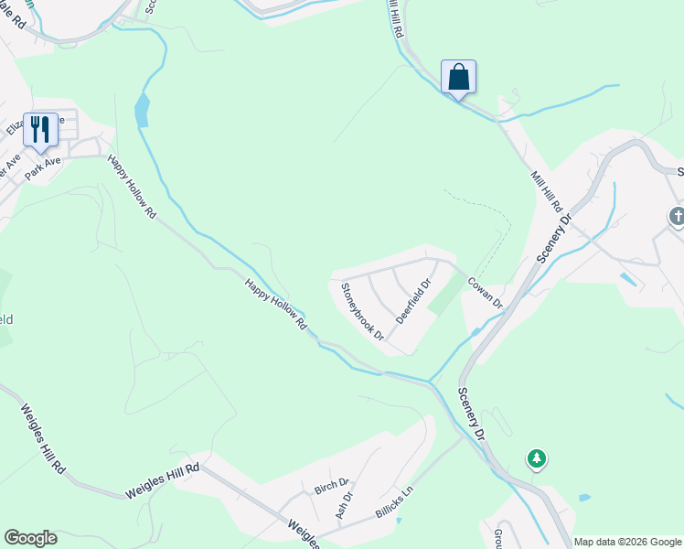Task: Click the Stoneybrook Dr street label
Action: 363,312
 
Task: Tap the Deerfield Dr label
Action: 412,301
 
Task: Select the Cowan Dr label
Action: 486,292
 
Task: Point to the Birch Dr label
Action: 331,484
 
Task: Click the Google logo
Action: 30,538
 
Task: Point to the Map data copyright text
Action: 627,542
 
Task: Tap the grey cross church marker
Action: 678,217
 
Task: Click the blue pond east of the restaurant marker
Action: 141,111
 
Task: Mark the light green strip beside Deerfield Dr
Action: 446,294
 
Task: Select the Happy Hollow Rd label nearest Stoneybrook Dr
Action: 276,306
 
